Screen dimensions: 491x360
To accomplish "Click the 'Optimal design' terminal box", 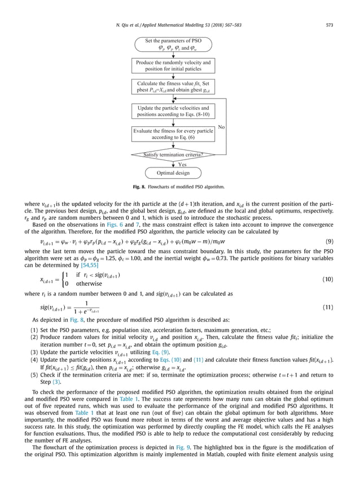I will coord(173,173).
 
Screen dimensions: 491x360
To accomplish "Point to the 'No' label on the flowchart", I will coord(222,127).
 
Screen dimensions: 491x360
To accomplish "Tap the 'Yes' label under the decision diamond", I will coord(182,164).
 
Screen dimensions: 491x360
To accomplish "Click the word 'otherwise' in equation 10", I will coord(89,284).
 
